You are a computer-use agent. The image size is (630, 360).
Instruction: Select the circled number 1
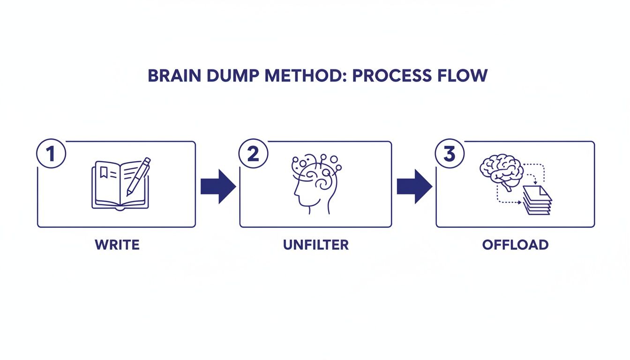(x=51, y=155)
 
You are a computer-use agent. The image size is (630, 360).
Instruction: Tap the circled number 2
(x=253, y=155)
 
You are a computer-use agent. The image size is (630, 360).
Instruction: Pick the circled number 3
(x=449, y=155)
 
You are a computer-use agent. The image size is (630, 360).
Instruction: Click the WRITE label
(x=117, y=245)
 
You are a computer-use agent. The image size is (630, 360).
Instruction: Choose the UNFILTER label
(x=315, y=245)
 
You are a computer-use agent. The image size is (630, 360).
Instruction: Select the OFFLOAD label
(x=515, y=245)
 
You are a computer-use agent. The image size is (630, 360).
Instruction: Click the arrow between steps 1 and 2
(x=217, y=186)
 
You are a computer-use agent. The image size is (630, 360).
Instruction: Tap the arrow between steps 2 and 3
(x=414, y=186)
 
